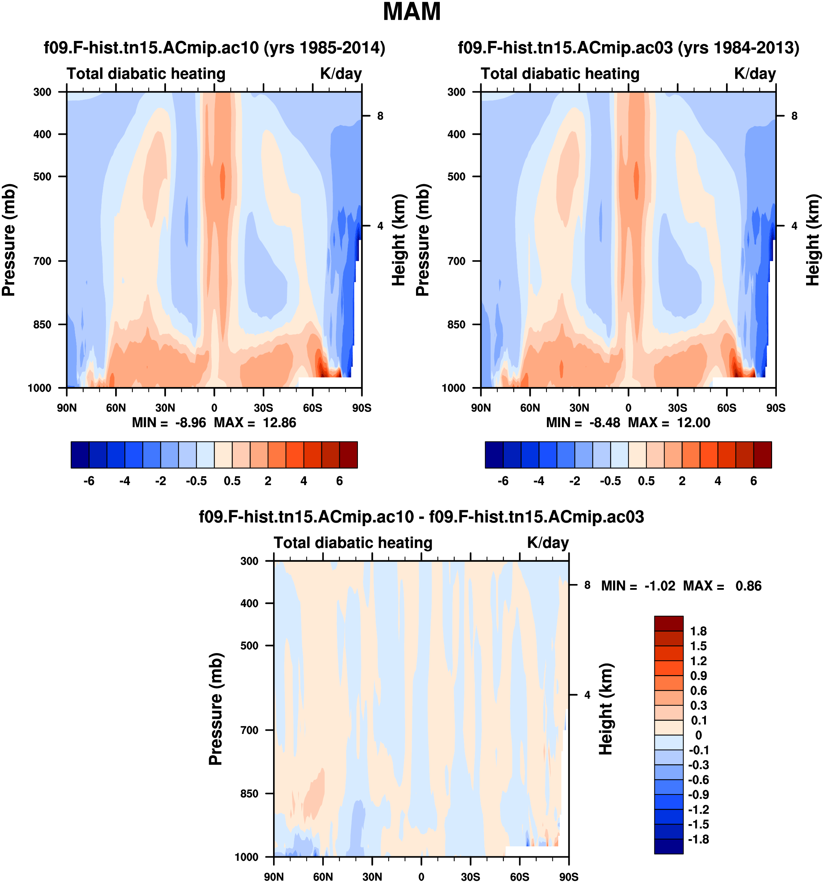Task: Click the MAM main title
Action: (x=411, y=12)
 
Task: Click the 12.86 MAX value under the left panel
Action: (x=279, y=422)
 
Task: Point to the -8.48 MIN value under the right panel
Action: (x=604, y=422)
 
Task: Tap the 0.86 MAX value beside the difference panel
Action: (x=748, y=586)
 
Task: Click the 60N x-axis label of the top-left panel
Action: (x=116, y=408)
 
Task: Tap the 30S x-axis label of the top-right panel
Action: (x=677, y=408)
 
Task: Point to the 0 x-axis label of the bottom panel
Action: (x=421, y=877)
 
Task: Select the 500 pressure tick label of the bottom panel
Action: (x=249, y=645)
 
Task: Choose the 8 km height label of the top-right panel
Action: (x=794, y=116)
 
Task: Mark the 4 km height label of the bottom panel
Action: (x=587, y=695)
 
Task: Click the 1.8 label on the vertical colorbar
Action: (x=698, y=631)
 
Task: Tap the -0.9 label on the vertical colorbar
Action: (x=698, y=795)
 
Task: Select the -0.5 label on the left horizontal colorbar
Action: (x=196, y=481)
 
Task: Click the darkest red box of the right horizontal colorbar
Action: (x=762, y=455)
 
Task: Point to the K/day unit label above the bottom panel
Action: (x=548, y=543)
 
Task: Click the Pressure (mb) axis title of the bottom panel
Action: (x=215, y=709)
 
